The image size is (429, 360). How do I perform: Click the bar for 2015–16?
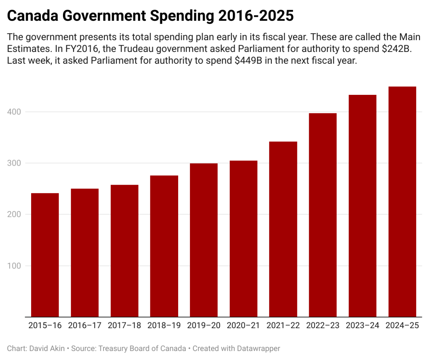[x=45, y=255]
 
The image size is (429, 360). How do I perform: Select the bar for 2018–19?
[x=164, y=246]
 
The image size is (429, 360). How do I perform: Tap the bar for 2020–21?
[x=244, y=238]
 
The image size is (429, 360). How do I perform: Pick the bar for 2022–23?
[x=323, y=215]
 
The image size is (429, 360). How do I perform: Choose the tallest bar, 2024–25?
[x=402, y=201]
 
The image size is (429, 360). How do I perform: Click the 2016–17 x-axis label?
[x=85, y=326]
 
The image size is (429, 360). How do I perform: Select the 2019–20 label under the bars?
[x=204, y=326]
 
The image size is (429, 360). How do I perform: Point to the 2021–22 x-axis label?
[x=283, y=326]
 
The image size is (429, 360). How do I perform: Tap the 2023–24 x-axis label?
[x=362, y=326]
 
